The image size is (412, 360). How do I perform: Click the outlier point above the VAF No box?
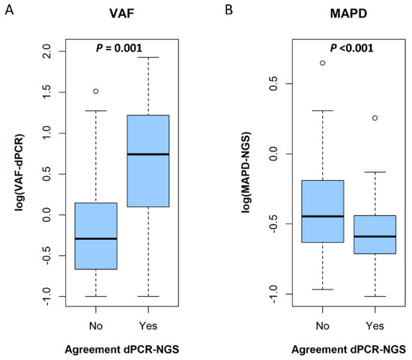coord(96,91)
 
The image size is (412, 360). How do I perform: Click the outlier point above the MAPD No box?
coord(322,63)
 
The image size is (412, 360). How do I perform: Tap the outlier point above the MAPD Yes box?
coord(375,118)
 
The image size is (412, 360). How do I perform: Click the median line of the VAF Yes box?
coord(148,154)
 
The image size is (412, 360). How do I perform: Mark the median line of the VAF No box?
coord(96,238)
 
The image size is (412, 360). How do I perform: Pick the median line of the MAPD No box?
coord(322,216)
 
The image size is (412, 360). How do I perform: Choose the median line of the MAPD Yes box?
coord(375,236)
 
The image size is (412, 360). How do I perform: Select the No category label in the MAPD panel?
coord(322,326)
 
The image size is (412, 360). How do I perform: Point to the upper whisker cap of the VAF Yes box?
coord(148,57)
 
